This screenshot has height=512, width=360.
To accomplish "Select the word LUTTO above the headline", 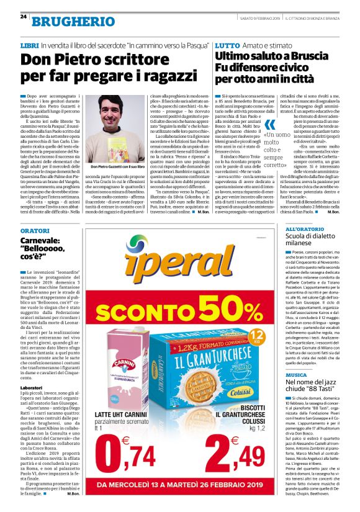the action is tap(226, 47).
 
